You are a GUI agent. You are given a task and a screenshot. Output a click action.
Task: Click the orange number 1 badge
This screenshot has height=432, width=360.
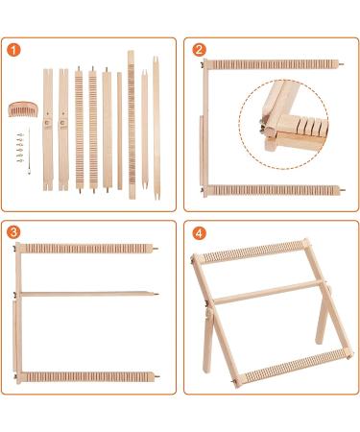(x=13, y=50)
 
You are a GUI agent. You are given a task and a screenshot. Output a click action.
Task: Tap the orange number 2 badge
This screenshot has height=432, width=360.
(x=199, y=50)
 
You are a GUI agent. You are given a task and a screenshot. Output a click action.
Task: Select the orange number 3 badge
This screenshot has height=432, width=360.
(x=13, y=233)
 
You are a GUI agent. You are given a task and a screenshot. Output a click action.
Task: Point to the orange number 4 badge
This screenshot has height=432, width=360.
(x=199, y=233)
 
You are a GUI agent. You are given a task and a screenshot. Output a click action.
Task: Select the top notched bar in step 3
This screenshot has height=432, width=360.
(x=86, y=249)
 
